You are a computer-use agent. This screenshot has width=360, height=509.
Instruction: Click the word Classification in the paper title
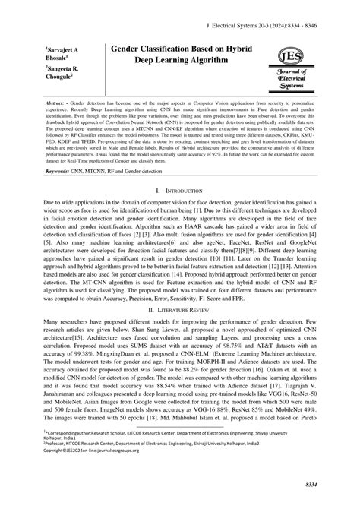click(x=177, y=47)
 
